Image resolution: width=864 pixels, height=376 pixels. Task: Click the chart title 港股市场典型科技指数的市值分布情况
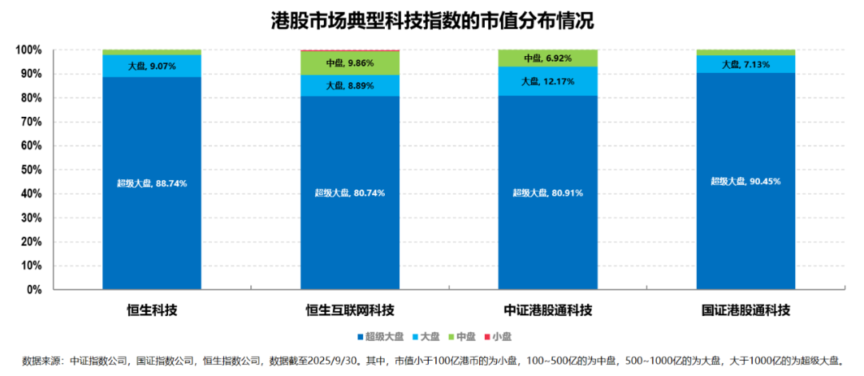click(x=433, y=22)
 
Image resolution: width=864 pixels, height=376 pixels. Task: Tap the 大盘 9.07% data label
click(x=151, y=66)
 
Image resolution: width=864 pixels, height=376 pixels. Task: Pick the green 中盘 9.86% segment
click(x=350, y=62)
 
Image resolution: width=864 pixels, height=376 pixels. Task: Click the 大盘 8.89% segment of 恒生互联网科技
click(x=350, y=86)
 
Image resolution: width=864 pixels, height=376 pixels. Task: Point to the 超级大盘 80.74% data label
click(x=350, y=194)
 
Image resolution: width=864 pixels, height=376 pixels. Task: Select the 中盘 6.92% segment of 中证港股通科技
click(x=547, y=58)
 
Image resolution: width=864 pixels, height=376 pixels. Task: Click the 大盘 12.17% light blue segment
click(x=547, y=81)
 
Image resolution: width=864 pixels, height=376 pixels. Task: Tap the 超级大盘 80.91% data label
click(x=547, y=193)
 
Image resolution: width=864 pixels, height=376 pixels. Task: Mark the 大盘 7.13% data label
click(x=745, y=64)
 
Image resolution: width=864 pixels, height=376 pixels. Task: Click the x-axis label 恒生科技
click(x=151, y=310)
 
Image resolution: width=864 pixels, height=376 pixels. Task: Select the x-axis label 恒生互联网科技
click(x=350, y=310)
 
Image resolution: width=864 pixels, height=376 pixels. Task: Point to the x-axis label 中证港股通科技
click(x=547, y=310)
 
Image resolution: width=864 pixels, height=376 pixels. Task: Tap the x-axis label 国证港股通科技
click(x=745, y=310)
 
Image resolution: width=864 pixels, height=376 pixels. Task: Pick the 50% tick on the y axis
click(x=30, y=170)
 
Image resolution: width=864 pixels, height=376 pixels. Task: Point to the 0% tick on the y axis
click(x=34, y=290)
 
